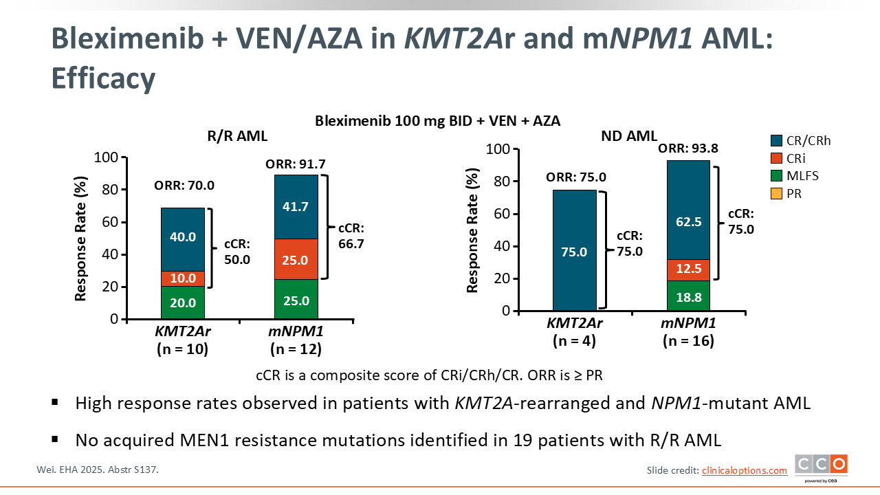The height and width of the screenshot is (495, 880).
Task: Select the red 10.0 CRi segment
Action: click(x=183, y=278)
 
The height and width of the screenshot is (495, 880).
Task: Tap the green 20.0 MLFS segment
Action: click(x=183, y=302)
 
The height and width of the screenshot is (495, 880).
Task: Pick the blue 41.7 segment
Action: click(x=296, y=207)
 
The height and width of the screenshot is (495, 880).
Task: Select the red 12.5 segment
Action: click(x=687, y=269)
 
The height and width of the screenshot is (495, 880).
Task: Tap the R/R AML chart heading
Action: click(x=237, y=136)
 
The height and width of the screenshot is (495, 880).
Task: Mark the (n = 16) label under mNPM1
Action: click(x=687, y=340)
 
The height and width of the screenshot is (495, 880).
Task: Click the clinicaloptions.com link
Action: click(x=744, y=470)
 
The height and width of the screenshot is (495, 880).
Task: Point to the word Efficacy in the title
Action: click(x=104, y=78)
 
